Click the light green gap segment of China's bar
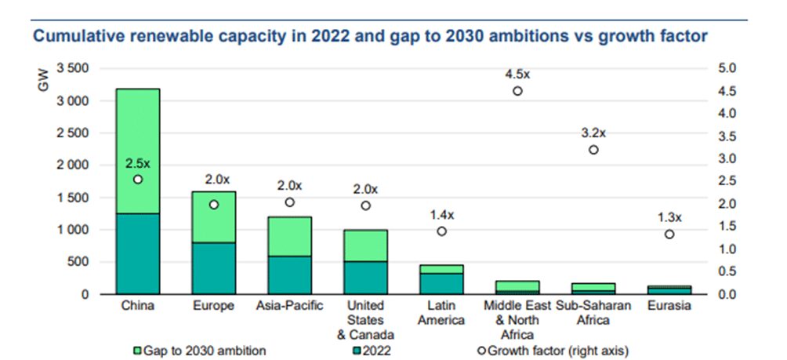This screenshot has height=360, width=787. [137, 141]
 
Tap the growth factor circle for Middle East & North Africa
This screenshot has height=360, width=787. [517, 91]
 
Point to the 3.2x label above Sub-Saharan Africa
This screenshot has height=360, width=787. [593, 133]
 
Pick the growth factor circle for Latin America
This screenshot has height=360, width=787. [441, 231]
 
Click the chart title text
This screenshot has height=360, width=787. [369, 36]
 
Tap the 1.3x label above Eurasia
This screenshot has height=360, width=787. [669, 217]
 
